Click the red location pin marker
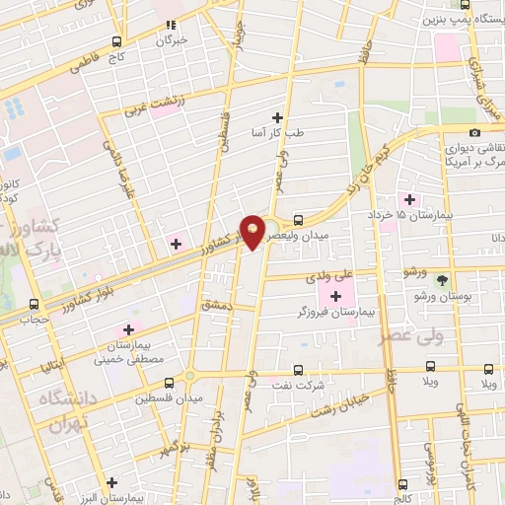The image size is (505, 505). pyautogui.click(x=253, y=231)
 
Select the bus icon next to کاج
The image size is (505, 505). pyautogui.click(x=117, y=41)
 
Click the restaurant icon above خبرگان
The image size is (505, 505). pyautogui.click(x=170, y=26)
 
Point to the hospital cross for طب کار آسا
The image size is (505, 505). pyautogui.click(x=289, y=117)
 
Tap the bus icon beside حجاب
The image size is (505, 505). pyautogui.click(x=35, y=305)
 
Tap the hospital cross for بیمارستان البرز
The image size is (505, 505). pyautogui.click(x=112, y=482)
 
